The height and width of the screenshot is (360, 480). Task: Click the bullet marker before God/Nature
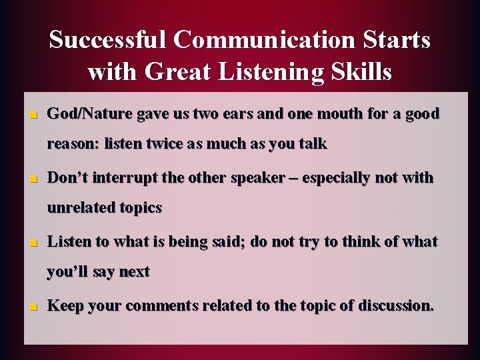(32, 115)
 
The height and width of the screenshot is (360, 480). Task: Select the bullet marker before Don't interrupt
(32, 179)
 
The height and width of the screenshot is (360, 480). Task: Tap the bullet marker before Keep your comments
(32, 307)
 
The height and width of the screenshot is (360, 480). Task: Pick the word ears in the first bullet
(233, 113)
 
